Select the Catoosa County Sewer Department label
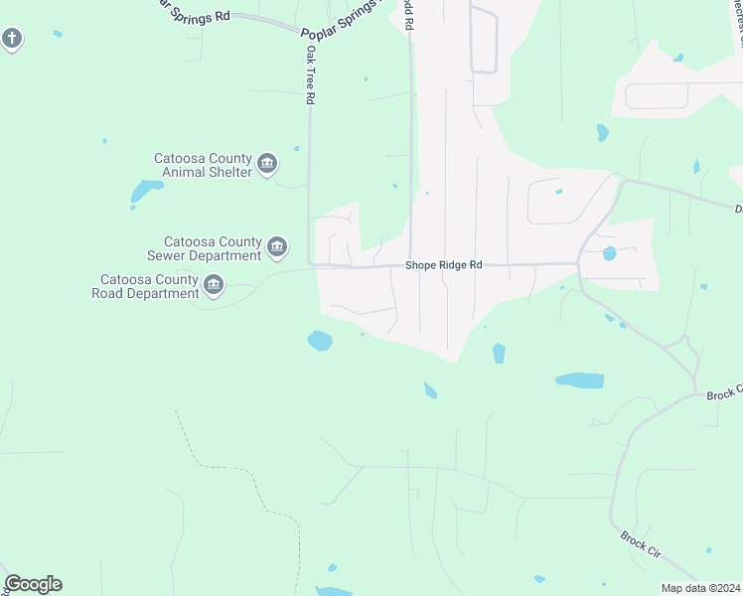tap(213, 248)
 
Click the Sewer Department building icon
tap(277, 246)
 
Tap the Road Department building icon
tap(213, 286)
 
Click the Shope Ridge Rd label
tap(443, 266)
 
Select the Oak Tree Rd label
tap(311, 74)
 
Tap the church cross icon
tap(11, 39)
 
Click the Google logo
tap(33, 584)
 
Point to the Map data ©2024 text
tap(699, 588)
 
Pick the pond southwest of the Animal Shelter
tap(145, 191)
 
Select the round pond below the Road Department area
tap(320, 341)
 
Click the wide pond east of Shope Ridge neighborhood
tap(579, 380)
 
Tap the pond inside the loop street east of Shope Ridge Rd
tap(609, 253)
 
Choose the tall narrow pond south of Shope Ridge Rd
tap(499, 353)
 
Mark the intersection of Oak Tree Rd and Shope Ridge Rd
tap(311, 265)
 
